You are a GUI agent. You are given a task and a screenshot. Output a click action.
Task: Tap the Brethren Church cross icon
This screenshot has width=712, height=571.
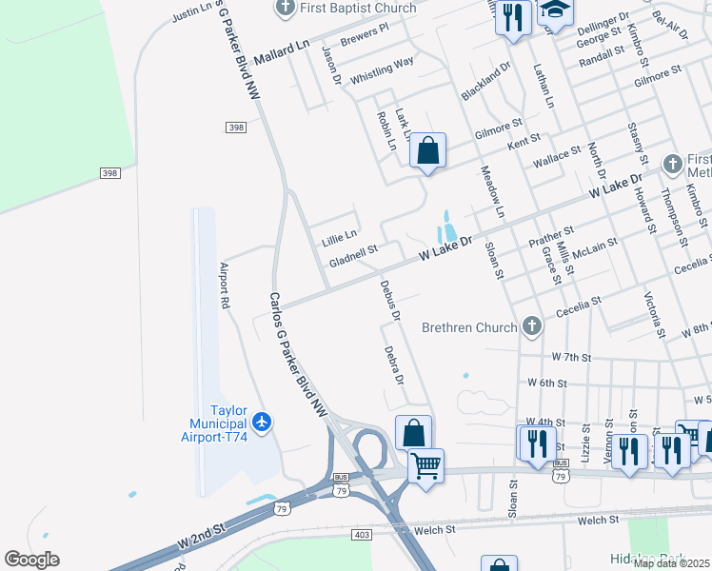coord(532,327)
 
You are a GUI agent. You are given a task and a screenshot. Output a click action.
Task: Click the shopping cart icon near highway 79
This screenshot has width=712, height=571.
coord(425,466)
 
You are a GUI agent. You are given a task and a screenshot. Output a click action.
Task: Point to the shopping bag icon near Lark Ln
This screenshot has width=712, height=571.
coord(427,150)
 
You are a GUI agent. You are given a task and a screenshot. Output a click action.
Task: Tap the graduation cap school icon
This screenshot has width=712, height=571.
coord(555,11)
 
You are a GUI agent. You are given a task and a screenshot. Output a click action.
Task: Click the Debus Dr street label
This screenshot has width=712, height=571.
coord(389,298)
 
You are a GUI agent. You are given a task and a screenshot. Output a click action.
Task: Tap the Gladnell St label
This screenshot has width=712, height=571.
coord(353,255)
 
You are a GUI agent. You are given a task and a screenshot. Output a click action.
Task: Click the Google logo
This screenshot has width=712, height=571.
coord(31,560)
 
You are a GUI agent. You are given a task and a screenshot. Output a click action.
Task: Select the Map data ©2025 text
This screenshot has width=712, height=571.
coord(671,563)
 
